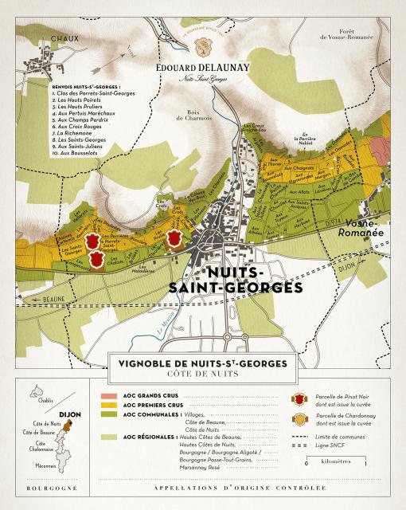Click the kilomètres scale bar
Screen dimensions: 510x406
[357, 457]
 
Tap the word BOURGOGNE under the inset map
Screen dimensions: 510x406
[52, 487]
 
